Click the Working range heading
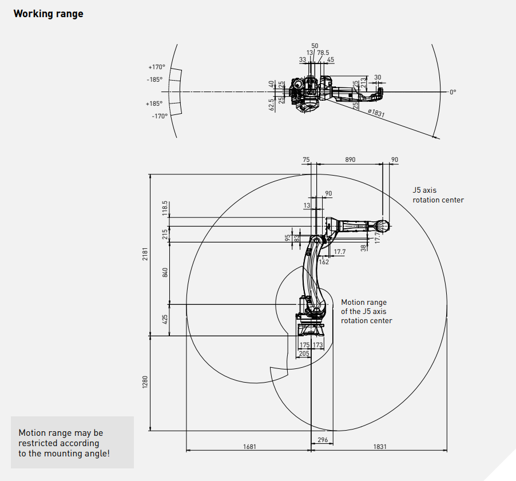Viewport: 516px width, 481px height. [49, 14]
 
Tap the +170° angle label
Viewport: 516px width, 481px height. [157, 67]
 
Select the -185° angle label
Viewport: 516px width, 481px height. [154, 79]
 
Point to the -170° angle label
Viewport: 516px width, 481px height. [160, 116]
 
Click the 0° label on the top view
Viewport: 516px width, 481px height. [453, 92]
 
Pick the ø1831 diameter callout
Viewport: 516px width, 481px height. [376, 113]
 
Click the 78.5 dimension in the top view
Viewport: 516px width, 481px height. [323, 53]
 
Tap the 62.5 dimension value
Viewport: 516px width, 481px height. [271, 105]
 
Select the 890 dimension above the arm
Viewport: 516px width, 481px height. [350, 160]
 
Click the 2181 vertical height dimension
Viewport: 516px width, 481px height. [145, 254]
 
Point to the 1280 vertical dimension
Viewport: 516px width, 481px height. [145, 382]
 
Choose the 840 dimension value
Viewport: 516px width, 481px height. [165, 272]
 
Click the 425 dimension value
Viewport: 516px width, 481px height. [165, 319]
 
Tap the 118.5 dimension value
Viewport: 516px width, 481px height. [165, 208]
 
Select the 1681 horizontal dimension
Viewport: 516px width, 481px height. [249, 447]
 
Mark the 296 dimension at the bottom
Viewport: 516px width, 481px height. [323, 440]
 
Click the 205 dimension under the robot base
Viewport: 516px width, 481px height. [304, 353]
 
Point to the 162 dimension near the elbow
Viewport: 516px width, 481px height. [324, 262]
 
